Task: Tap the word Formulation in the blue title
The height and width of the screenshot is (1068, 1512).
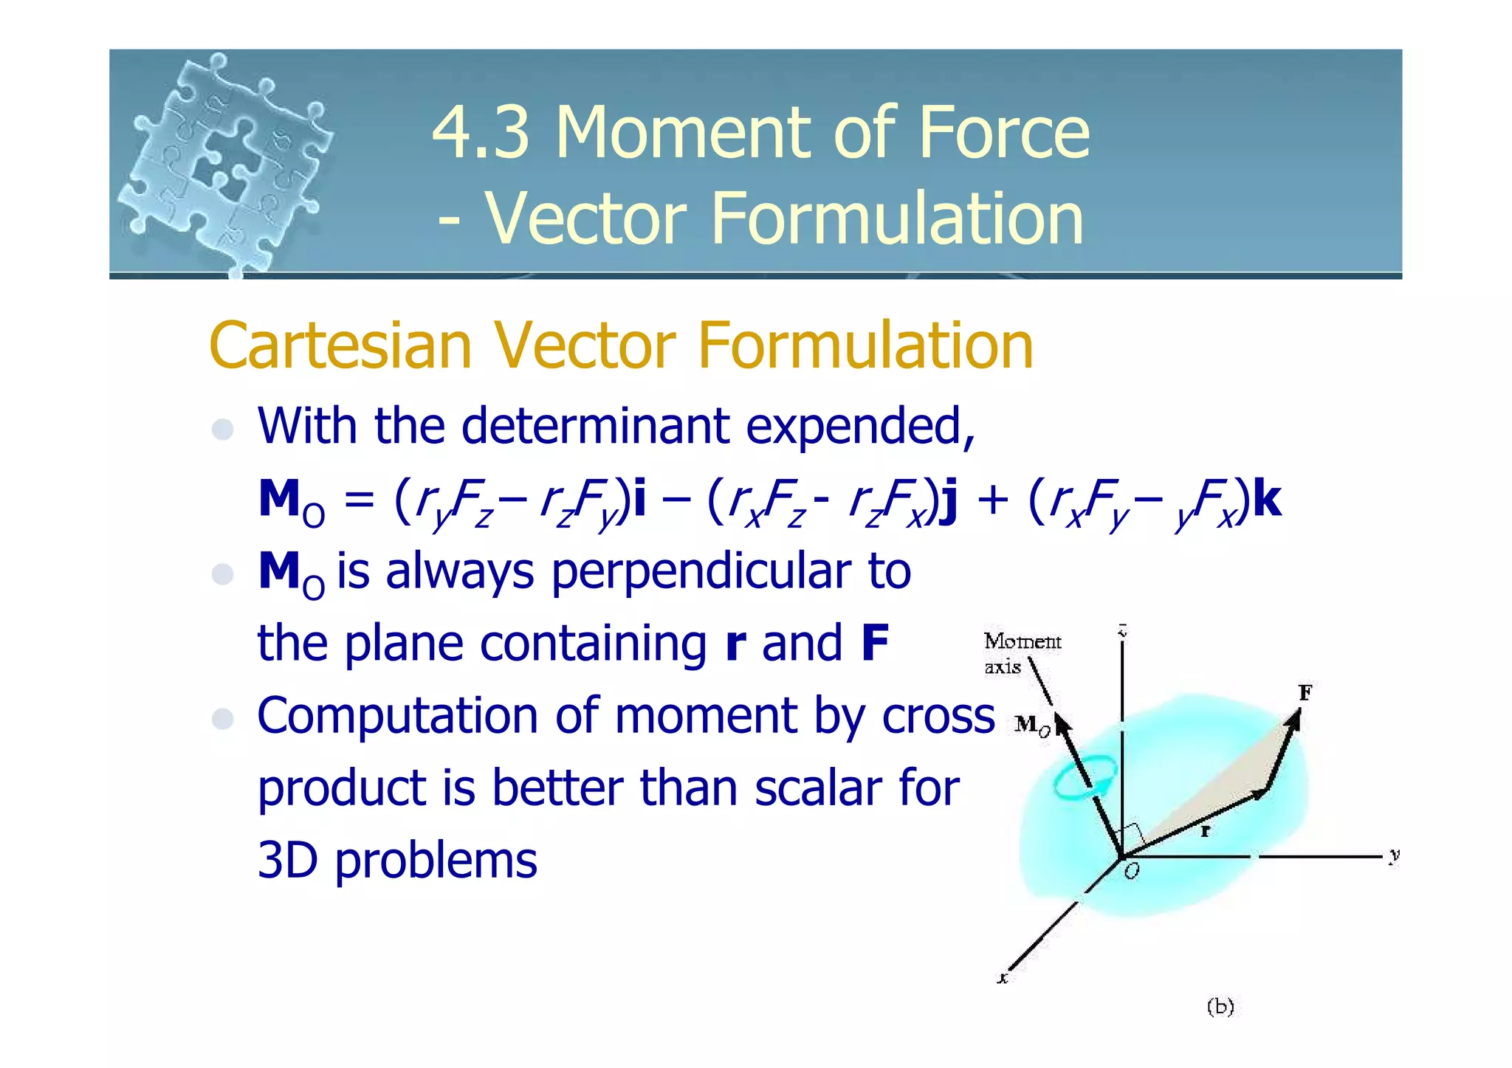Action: pos(896,218)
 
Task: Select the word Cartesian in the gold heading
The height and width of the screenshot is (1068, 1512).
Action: pos(340,345)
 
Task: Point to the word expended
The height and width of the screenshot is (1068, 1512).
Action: pos(859,427)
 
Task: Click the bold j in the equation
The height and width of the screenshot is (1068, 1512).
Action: pos(950,500)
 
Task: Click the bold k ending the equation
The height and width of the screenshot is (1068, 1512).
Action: pos(1267,499)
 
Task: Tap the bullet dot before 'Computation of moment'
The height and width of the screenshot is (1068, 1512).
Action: pos(222,718)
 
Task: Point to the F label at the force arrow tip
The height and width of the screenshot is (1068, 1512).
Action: pos(1305,692)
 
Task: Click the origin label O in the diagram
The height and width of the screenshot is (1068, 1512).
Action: pos(1131,872)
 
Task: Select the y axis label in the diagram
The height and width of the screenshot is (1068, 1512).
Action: pos(1393,855)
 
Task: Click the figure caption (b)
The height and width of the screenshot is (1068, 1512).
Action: pos(1220,1007)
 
